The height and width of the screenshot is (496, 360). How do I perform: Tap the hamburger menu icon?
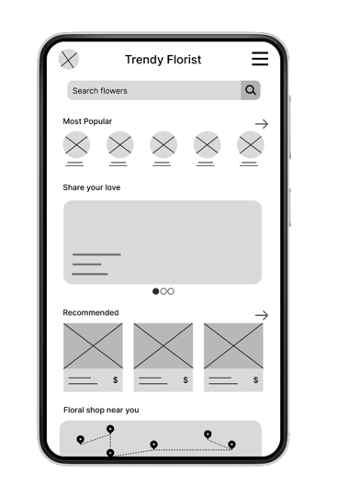(x=260, y=59)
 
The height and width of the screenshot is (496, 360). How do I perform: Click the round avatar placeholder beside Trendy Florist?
(x=69, y=59)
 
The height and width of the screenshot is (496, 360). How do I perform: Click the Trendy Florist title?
(x=163, y=60)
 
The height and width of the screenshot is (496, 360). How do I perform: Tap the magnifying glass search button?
(x=251, y=90)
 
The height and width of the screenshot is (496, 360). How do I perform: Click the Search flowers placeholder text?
(x=100, y=91)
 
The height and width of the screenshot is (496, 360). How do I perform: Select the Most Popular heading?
(x=87, y=121)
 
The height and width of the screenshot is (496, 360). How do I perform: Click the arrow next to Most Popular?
(x=262, y=124)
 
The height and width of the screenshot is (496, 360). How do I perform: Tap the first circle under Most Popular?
(x=76, y=145)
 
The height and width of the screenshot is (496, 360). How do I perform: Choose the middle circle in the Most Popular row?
(x=163, y=145)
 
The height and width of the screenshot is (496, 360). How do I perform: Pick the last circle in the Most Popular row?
(x=251, y=145)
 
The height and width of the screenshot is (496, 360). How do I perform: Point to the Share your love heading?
(x=92, y=187)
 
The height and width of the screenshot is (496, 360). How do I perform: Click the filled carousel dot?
(x=155, y=291)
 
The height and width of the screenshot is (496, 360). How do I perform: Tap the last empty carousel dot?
(x=171, y=291)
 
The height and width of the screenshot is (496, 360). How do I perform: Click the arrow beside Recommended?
(x=262, y=315)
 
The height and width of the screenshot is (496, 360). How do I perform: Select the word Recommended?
(x=91, y=312)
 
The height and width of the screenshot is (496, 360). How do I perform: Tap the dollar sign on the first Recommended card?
(x=116, y=380)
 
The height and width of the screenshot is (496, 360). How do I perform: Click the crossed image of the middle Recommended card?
(x=163, y=346)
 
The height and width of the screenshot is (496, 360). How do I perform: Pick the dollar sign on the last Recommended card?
(x=255, y=380)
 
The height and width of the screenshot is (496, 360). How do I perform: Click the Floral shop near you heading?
(x=101, y=410)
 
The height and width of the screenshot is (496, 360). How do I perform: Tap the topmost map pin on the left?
(x=110, y=429)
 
